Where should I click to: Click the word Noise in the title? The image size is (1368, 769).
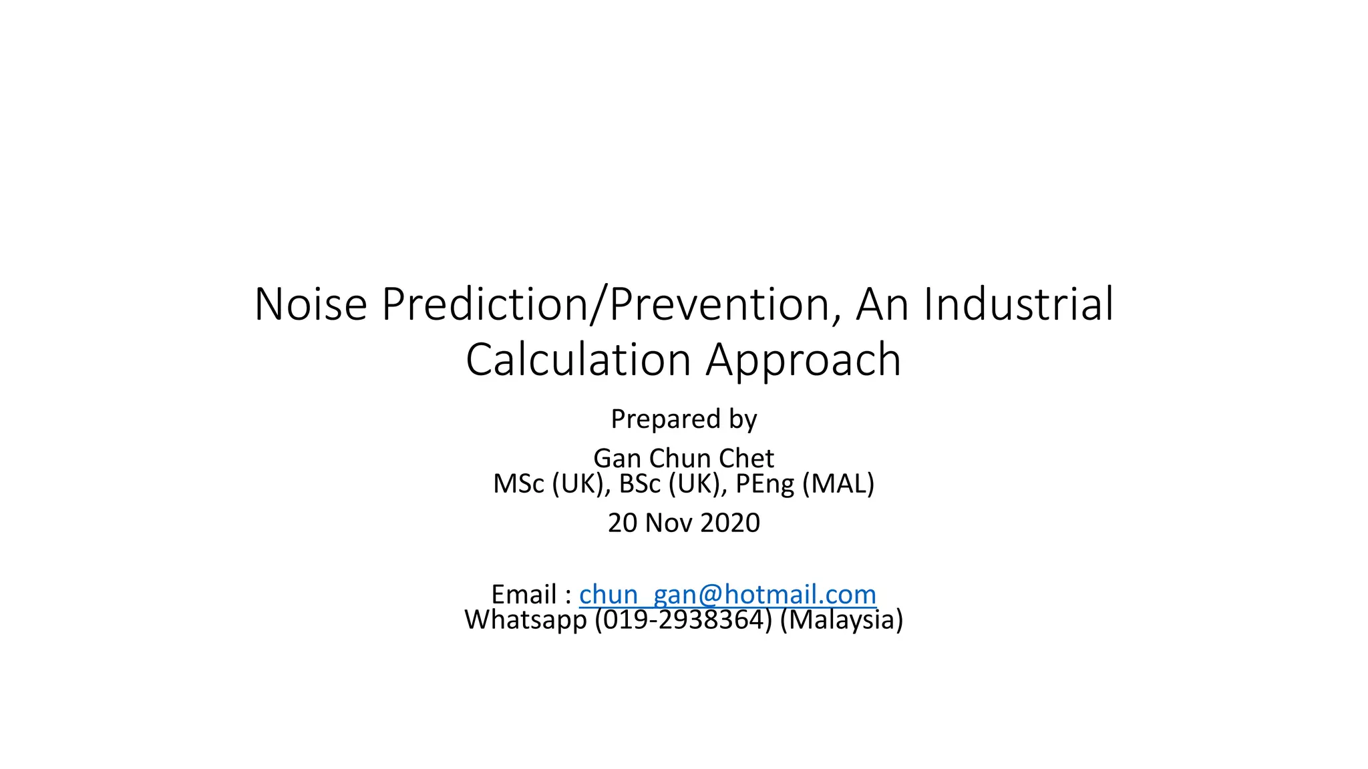pyautogui.click(x=311, y=304)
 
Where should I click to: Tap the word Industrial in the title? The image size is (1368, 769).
pyautogui.click(x=1019, y=304)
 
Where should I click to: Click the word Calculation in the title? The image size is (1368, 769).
pyautogui.click(x=578, y=360)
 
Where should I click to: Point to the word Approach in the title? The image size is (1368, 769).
pyautogui.click(x=804, y=361)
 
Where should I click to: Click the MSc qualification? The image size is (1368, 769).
pyautogui.click(x=518, y=484)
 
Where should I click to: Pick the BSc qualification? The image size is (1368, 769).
pyautogui.click(x=639, y=484)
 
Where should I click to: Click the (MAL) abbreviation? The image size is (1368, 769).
pyautogui.click(x=838, y=484)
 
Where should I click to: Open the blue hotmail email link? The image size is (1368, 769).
pyautogui.click(x=727, y=594)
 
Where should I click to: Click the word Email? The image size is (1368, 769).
pyautogui.click(x=524, y=594)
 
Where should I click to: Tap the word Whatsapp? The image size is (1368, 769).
pyautogui.click(x=525, y=620)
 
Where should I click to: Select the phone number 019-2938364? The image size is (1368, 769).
pyautogui.click(x=683, y=620)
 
